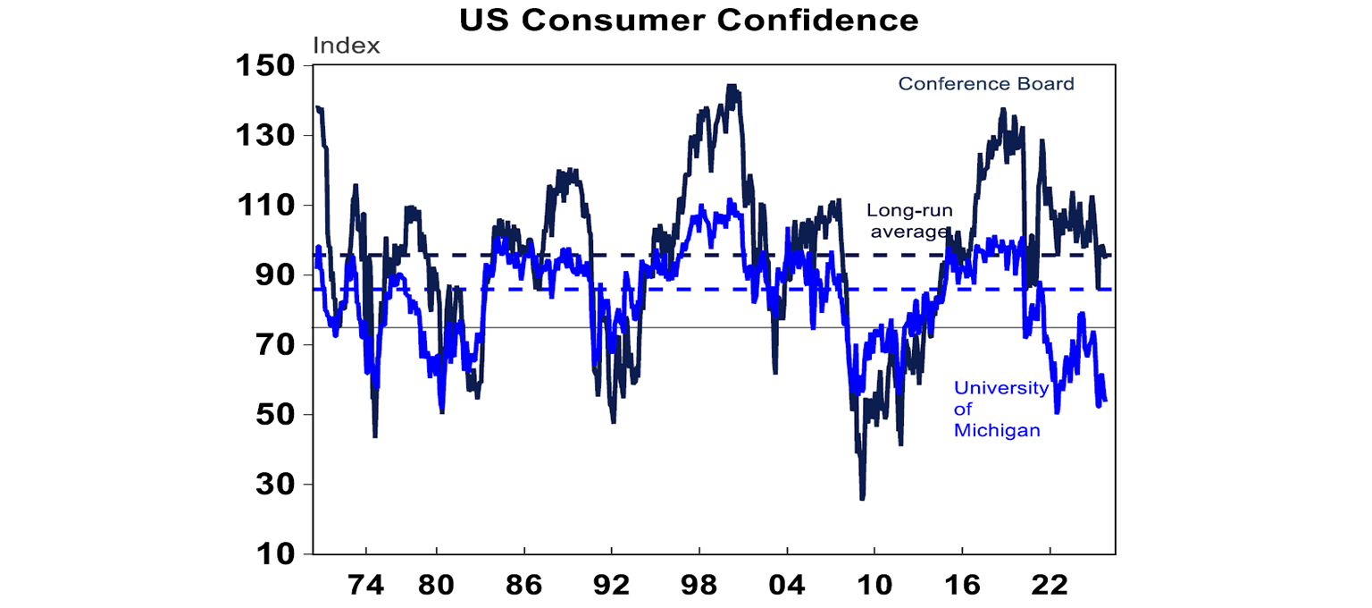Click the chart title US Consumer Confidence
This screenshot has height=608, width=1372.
point(689,20)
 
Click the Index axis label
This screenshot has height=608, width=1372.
point(346,46)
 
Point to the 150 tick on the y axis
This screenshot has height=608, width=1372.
point(265,66)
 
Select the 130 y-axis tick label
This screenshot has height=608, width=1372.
point(265,136)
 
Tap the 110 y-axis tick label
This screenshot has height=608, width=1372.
point(265,206)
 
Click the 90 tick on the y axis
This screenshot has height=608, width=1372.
point(273,275)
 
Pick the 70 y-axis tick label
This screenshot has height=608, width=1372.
point(273,345)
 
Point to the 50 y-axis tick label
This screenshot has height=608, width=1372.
point(273,415)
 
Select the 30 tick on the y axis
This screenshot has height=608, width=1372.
point(273,485)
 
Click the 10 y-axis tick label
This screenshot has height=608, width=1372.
point(273,554)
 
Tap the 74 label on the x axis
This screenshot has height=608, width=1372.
point(366,586)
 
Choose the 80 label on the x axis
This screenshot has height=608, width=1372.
point(436,586)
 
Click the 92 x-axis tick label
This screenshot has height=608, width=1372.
point(611,586)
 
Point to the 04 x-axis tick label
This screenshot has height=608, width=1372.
point(786,586)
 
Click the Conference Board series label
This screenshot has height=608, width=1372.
point(986,84)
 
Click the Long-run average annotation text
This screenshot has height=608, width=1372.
point(909,222)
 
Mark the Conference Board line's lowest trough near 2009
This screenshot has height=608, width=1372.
point(862,498)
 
